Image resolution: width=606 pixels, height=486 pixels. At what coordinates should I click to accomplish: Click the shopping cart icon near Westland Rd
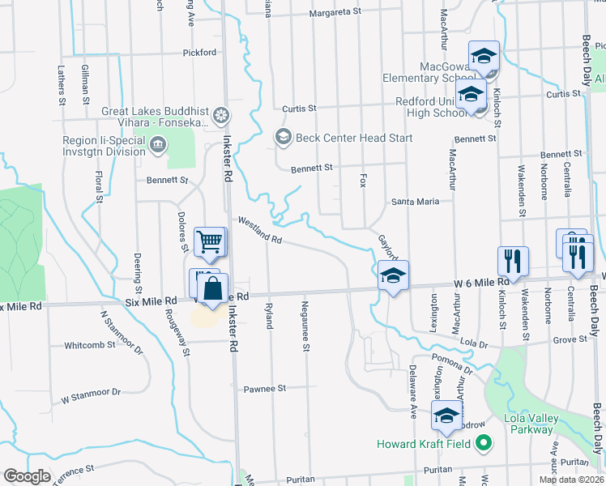[209, 241]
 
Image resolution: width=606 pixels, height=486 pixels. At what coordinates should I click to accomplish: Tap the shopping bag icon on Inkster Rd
[212, 288]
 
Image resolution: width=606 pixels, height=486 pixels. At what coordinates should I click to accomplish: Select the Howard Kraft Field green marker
[484, 443]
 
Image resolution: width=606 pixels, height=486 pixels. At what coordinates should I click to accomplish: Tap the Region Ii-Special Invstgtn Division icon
[157, 145]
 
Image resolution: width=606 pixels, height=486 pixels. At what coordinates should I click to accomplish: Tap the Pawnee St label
[265, 389]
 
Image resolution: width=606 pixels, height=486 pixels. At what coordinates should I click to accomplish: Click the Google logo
[27, 476]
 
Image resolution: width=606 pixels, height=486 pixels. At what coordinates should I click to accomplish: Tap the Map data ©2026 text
[571, 480]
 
